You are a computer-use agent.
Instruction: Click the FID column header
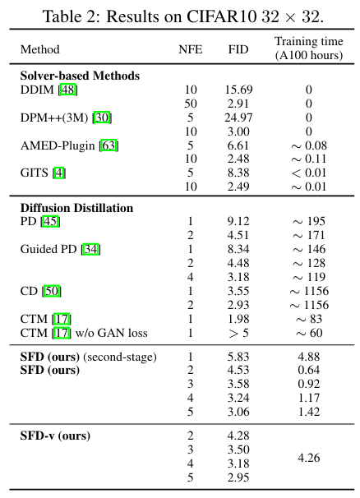pos(237,48)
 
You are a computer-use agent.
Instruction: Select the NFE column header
pos(190,48)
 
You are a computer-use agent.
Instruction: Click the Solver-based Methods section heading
pos(79,76)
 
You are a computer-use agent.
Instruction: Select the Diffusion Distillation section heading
pos(76,208)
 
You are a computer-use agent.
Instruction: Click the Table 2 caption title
pos(180,12)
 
